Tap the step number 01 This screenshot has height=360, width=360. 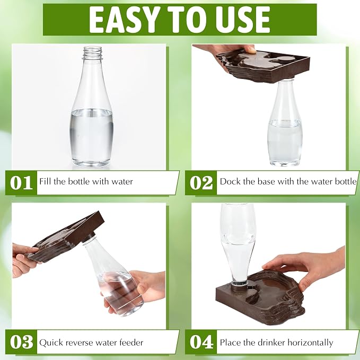point(21,183)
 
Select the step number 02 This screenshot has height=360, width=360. point(201,183)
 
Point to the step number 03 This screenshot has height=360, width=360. point(21,342)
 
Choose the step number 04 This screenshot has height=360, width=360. point(201,342)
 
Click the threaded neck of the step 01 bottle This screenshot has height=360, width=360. point(93,53)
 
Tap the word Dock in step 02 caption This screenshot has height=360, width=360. point(230,181)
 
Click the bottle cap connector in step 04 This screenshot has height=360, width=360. point(240,286)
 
